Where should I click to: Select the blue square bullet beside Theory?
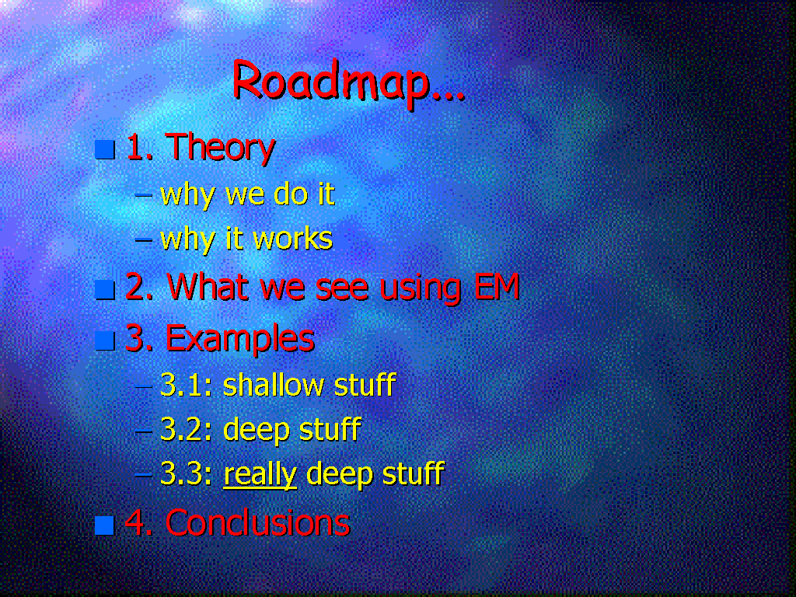[105, 149]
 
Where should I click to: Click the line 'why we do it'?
[247, 194]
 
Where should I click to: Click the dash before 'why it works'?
[143, 239]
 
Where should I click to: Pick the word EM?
[497, 286]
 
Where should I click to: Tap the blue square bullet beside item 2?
[105, 289]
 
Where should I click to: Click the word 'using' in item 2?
[421, 288]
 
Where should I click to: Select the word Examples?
[240, 339]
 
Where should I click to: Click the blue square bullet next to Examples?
[105, 340]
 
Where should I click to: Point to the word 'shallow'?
[273, 385]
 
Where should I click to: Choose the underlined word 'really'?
[260, 475]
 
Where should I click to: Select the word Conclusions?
[257, 523]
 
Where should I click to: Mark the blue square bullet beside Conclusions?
[105, 525]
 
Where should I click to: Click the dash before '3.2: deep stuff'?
[144, 431]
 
